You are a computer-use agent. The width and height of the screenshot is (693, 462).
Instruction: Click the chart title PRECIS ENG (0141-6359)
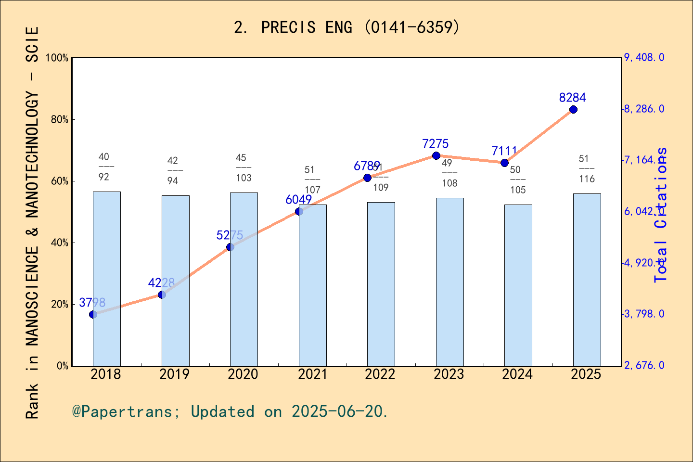pyautogui.click(x=346, y=27)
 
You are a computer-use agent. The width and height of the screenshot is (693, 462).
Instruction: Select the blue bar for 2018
pyautogui.click(x=106, y=279)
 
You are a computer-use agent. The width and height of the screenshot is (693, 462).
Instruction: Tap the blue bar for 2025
pyautogui.click(x=587, y=280)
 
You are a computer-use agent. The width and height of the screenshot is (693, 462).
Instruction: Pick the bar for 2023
pyautogui.click(x=449, y=282)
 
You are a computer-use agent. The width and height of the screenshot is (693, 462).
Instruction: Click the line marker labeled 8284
pyautogui.click(x=573, y=110)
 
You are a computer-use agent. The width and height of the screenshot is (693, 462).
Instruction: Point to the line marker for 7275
pyautogui.click(x=436, y=155)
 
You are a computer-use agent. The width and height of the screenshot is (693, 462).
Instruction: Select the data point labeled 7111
pyautogui.click(x=504, y=163)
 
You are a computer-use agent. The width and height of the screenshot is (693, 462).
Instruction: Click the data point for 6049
pyautogui.click(x=299, y=211)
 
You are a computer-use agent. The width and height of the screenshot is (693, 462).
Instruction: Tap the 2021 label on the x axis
pyautogui.click(x=312, y=374)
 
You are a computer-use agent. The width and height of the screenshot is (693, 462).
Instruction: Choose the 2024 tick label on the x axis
pyautogui.click(x=517, y=374)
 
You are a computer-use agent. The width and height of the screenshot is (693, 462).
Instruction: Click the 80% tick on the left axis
pyautogui.click(x=60, y=120)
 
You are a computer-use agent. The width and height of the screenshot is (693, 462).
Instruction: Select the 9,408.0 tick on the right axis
pyautogui.click(x=644, y=58)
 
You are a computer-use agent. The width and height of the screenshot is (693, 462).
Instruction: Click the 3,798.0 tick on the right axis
pyautogui.click(x=644, y=314)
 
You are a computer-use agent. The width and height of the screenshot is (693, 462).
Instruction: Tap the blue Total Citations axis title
pyautogui.click(x=661, y=215)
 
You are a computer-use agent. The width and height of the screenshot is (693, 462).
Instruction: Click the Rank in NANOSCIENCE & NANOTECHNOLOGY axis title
pyautogui.click(x=32, y=222)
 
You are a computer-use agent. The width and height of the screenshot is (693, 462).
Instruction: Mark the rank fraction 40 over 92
pyautogui.click(x=104, y=167)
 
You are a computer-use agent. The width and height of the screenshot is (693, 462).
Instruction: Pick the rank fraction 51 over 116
pyautogui.click(x=586, y=169)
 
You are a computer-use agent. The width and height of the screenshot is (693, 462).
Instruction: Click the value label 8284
pyautogui.click(x=572, y=98)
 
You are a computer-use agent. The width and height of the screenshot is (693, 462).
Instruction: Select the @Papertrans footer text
pyautogui.click(x=230, y=411)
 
